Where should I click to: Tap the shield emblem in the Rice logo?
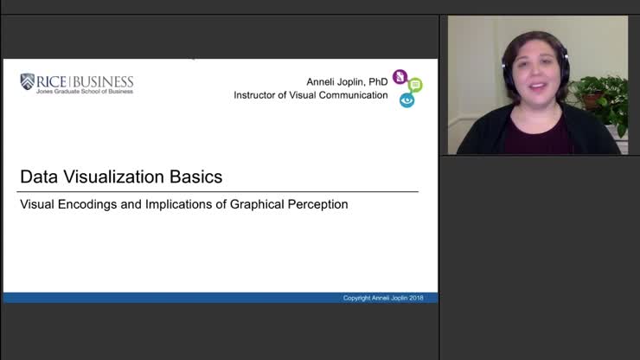pyautogui.click(x=28, y=82)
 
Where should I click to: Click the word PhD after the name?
pyautogui.click(x=377, y=81)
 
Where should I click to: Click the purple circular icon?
pyautogui.click(x=400, y=77)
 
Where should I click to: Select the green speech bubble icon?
pyautogui.click(x=415, y=85)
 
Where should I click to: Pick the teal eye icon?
pyautogui.click(x=406, y=100)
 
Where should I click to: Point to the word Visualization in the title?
pyautogui.click(x=112, y=177)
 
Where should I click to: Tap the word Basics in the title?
pyautogui.click(x=197, y=177)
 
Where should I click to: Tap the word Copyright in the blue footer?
pyautogui.click(x=358, y=299)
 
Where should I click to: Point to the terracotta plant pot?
pyautogui.click(x=593, y=100)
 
